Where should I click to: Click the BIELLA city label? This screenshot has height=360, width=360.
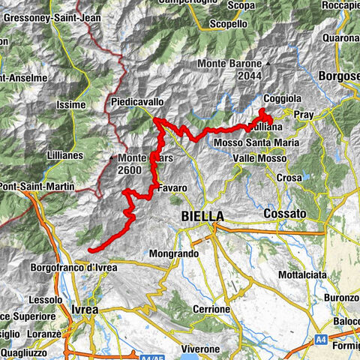(x=202, y=216)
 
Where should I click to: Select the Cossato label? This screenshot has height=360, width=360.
(x=284, y=214)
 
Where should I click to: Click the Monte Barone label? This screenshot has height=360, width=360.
(x=229, y=64)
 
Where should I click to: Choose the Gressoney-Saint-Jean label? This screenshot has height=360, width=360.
(x=46, y=16)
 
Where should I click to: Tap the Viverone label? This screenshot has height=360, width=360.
(x=199, y=349)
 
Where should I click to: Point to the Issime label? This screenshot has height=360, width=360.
(x=71, y=105)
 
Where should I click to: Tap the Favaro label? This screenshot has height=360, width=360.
(x=172, y=187)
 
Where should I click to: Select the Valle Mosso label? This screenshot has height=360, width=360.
(x=259, y=159)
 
